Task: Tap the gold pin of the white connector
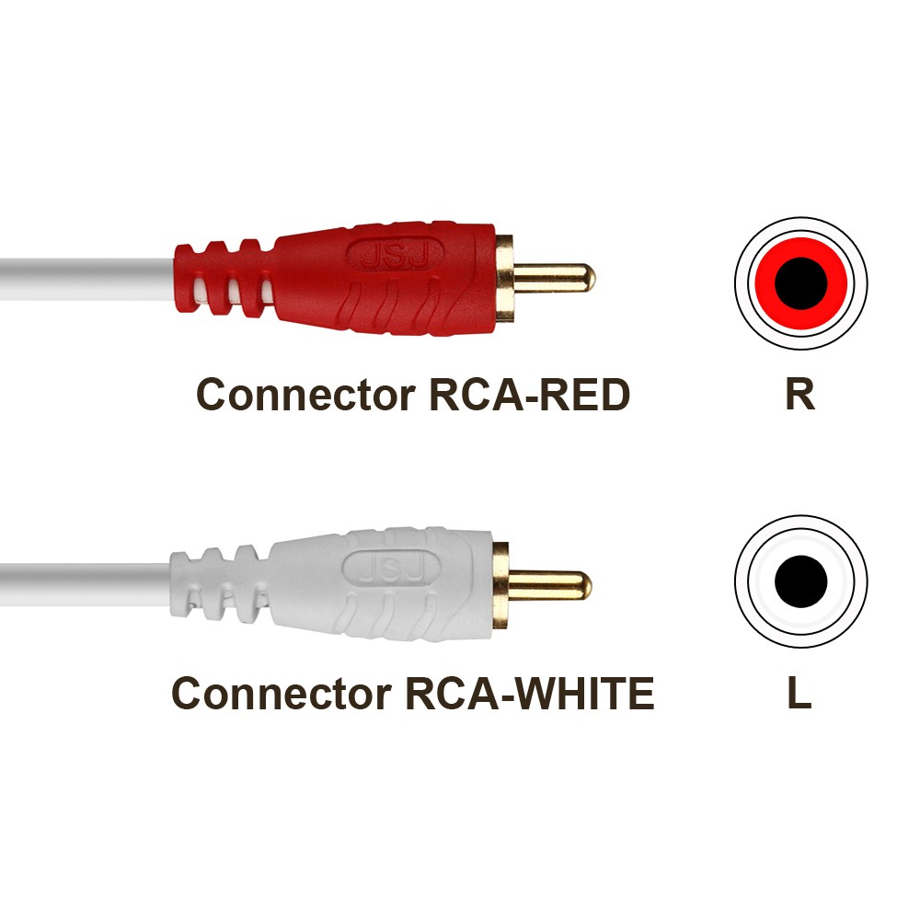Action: pyautogui.click(x=549, y=585)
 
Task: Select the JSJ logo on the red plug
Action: pyautogui.click(x=395, y=255)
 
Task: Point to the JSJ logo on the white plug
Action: pyautogui.click(x=391, y=569)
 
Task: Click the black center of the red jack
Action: pyautogui.click(x=801, y=282)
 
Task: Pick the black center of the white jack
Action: pyautogui.click(x=801, y=581)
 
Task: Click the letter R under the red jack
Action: pyautogui.click(x=799, y=395)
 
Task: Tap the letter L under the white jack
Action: pyautogui.click(x=799, y=693)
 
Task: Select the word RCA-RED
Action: pyautogui.click(x=529, y=395)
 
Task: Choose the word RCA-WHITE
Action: pyautogui.click(x=530, y=694)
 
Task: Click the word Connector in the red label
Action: pyautogui.click(x=305, y=395)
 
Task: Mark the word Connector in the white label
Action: pyautogui.click(x=282, y=694)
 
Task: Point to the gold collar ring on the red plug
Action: pyautogui.click(x=504, y=278)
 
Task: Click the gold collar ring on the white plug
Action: pyautogui.click(x=500, y=585)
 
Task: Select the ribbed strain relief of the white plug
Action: pyautogui.click(x=220, y=584)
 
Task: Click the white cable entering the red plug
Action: pyautogui.click(x=88, y=279)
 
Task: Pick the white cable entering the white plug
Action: pyautogui.click(x=86, y=585)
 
